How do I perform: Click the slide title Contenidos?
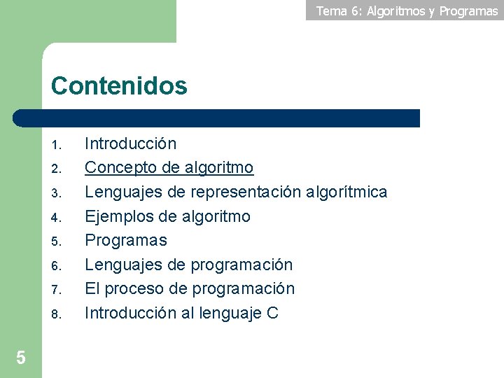tap(119, 86)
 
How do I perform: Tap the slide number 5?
tap(21, 358)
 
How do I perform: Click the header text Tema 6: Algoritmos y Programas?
tap(407, 10)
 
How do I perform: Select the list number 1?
tap(57, 146)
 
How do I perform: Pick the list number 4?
tap(57, 218)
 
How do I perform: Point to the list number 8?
tap(57, 314)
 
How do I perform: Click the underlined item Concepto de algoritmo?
tap(169, 168)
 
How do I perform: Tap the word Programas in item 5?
tap(126, 240)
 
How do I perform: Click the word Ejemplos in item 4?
tap(117, 216)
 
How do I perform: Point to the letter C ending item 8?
tap(272, 313)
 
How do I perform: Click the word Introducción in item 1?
tap(130, 144)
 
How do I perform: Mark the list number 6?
tap(57, 266)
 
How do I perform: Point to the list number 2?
tap(57, 169)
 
